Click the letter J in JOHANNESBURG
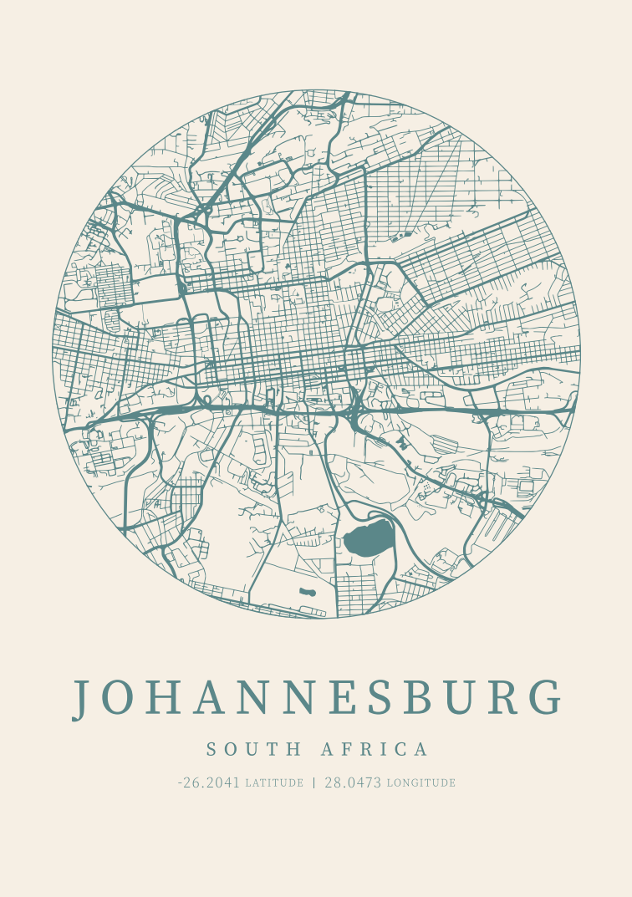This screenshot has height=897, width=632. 82,699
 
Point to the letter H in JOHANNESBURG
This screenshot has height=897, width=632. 166,698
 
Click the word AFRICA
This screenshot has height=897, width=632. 375,749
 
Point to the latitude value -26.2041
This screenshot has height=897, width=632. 209,783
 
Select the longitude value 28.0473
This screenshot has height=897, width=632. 353,783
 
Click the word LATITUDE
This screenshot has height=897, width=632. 274,784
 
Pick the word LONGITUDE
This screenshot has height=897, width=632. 421,784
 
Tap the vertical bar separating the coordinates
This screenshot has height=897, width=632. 314,783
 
